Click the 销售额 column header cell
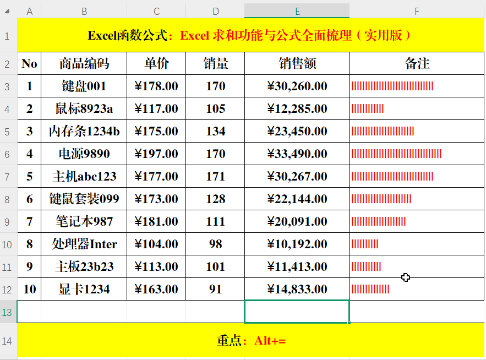[x=297, y=64]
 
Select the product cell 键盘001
[x=84, y=86]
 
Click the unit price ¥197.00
[x=156, y=154]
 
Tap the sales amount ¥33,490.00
[x=297, y=154]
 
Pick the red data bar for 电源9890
[x=396, y=154]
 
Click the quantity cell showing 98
[x=215, y=244]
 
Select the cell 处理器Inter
[x=84, y=244]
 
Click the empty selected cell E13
[x=297, y=312]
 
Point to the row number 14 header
[x=8, y=341]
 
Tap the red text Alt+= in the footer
[x=270, y=341]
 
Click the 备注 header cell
[x=417, y=64]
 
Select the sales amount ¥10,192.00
[x=297, y=244]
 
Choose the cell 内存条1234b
[x=84, y=132]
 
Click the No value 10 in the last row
[x=29, y=289]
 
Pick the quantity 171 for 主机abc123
[x=215, y=177]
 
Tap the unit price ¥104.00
[x=156, y=244]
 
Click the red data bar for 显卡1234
[x=370, y=289]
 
